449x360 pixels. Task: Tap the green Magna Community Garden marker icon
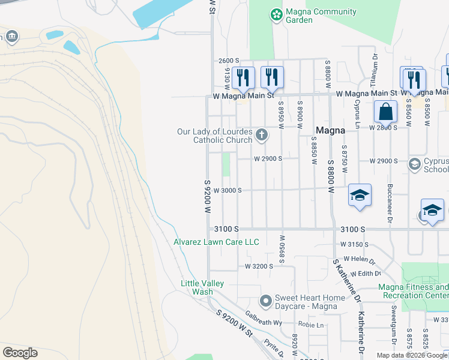[276, 14]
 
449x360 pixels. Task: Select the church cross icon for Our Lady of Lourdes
[261, 135]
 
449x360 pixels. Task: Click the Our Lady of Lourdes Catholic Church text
[214, 136]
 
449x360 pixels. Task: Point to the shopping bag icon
[385, 111]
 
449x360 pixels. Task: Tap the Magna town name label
[330, 130]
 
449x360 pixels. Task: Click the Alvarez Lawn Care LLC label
[216, 242]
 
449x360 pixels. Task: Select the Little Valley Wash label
[202, 287]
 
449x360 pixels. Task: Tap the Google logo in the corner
[20, 353]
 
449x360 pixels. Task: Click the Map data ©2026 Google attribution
[412, 355]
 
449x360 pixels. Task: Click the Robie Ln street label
[312, 325]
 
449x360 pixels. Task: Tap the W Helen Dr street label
[359, 260]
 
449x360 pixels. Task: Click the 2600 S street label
[229, 61]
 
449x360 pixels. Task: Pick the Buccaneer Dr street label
[390, 199]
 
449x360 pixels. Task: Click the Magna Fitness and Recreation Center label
[414, 291]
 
